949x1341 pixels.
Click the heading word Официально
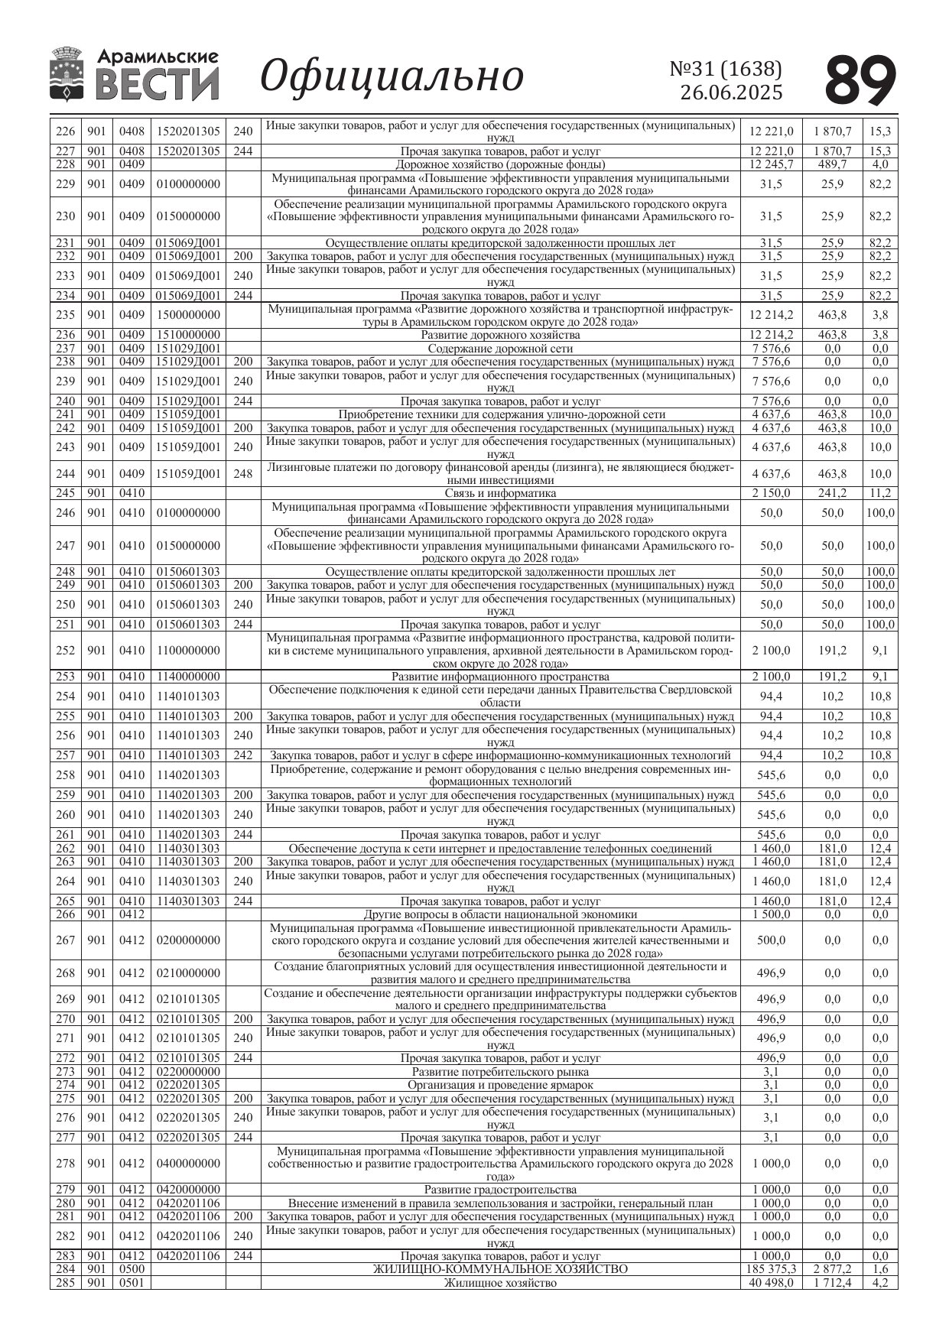click(392, 76)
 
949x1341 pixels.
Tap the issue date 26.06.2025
click(731, 93)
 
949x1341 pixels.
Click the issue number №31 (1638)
click(726, 69)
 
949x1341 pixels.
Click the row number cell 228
click(66, 164)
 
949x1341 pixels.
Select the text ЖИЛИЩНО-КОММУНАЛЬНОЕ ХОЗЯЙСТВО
click(500, 1269)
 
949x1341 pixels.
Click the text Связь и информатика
click(500, 493)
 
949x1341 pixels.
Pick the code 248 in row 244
click(242, 474)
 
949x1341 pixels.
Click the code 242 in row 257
click(242, 755)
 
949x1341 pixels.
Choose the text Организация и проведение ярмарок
click(500, 1085)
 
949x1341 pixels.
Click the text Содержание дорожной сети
click(500, 349)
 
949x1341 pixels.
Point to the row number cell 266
click(66, 914)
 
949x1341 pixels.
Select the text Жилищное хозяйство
click(500, 1282)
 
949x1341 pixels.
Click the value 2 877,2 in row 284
click(832, 1269)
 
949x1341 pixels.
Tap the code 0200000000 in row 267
click(188, 940)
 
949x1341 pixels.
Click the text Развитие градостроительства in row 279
click(500, 1190)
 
